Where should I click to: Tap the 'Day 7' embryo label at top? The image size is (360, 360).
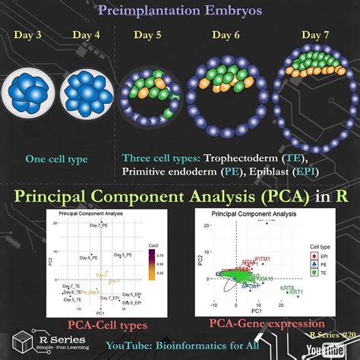[x=315, y=35]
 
